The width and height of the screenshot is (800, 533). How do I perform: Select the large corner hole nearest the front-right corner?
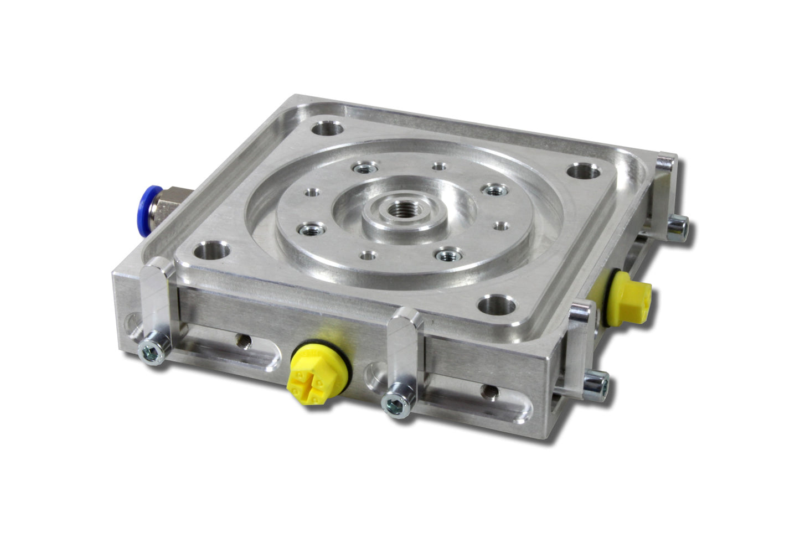point(497,305)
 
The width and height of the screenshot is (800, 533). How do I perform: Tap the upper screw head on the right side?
point(679,227)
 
